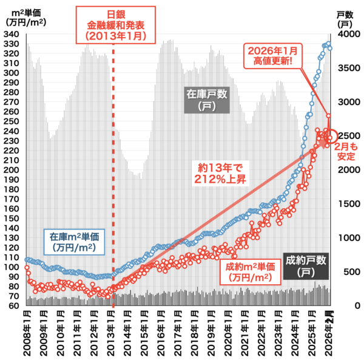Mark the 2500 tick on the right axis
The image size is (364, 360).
pyautogui.click(x=346, y=136)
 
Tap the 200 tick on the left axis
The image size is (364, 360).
pyautogui.click(x=13, y=169)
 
